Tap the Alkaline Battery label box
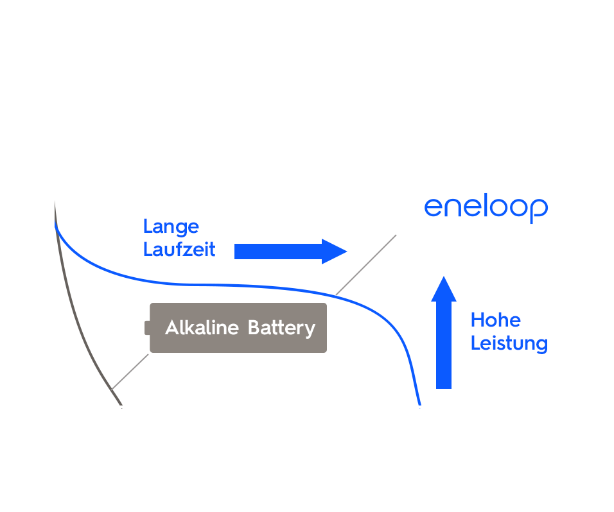click(238, 328)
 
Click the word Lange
click(171, 226)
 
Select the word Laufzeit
click(179, 249)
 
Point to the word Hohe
click(495, 320)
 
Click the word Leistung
click(509, 343)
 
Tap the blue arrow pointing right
click(290, 251)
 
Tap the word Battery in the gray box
click(281, 328)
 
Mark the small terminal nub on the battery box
click(147, 328)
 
